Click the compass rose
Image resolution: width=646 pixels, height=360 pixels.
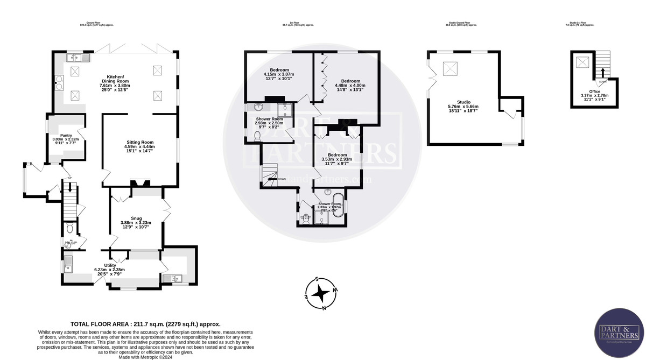(x=321, y=294)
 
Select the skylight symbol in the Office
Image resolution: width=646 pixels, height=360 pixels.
(x=582, y=62)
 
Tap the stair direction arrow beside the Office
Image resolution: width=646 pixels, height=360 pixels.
(x=602, y=72)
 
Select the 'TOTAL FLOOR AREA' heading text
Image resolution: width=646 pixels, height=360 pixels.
(x=145, y=324)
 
